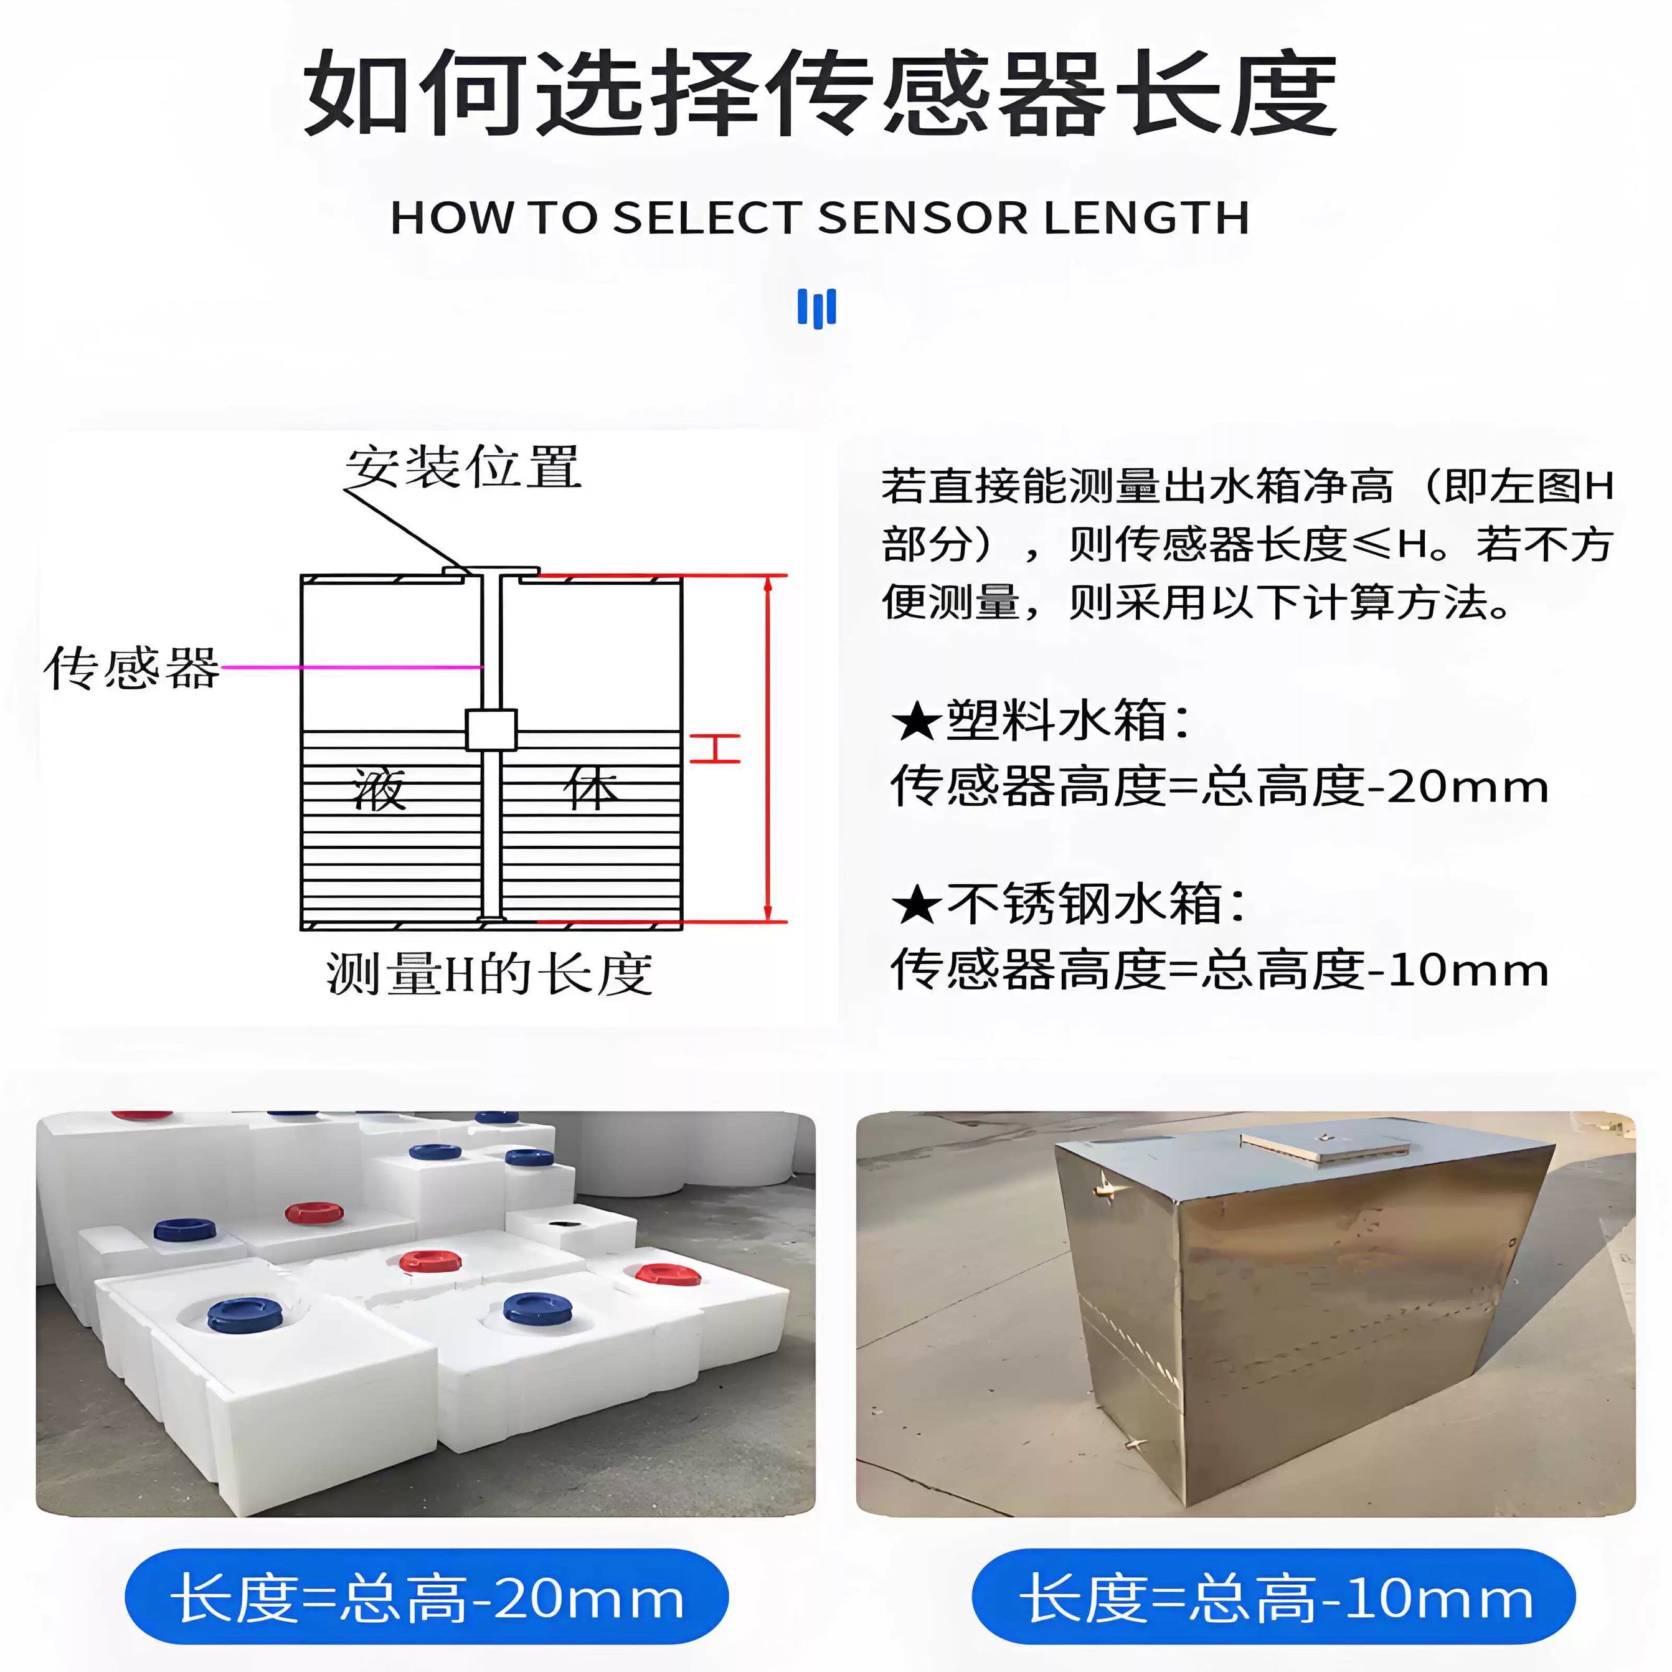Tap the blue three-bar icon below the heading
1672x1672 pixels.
[x=816, y=308]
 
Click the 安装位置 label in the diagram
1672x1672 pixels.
[x=463, y=468]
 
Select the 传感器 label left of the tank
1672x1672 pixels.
[x=131, y=668]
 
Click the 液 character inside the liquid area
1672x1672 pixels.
[x=379, y=789]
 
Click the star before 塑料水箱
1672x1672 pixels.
[x=915, y=722]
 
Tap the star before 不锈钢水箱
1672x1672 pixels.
[x=915, y=906]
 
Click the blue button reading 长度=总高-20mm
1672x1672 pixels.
[x=427, y=1597]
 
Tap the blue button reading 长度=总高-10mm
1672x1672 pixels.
[x=1274, y=1597]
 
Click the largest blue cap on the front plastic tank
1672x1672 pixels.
[x=245, y=1315]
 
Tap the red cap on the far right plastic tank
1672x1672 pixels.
[x=667, y=1275]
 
